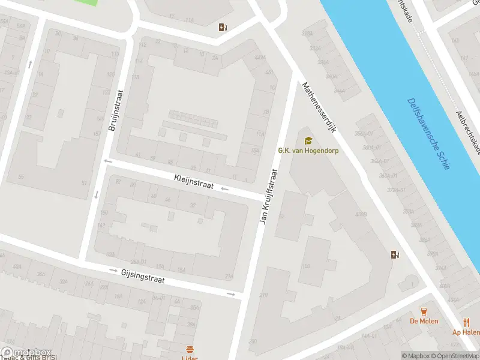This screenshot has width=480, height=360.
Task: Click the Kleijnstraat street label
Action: tap(194, 182)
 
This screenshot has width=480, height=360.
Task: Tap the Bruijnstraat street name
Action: tap(115, 110)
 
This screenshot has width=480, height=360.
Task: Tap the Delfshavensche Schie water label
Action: tap(428, 134)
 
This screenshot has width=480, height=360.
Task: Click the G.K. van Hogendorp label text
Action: tap(308, 151)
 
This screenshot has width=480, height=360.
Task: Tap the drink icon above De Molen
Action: tap(424, 311)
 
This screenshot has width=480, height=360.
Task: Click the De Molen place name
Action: tap(424, 321)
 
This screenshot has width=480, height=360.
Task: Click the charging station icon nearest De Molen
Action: tap(394, 254)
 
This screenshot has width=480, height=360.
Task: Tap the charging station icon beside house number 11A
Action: tap(223, 26)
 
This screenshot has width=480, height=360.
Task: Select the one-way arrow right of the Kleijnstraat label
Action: tap(225, 190)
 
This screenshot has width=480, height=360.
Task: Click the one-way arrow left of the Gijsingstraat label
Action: tap(114, 271)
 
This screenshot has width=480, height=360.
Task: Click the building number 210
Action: tap(264, 295)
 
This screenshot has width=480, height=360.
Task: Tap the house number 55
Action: tap(21, 177)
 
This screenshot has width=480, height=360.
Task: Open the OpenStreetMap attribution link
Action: tap(455, 356)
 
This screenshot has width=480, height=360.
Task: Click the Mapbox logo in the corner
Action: tap(26, 352)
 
